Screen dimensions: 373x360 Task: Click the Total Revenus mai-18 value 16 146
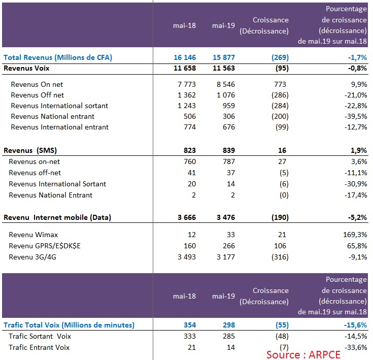[185, 57]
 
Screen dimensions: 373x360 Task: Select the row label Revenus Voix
[26, 68]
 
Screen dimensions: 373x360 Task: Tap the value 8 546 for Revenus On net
[225, 84]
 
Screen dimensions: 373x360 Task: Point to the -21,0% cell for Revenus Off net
[356, 95]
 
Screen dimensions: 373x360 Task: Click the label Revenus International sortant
[59, 106]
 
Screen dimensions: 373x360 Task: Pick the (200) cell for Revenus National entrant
[280, 116]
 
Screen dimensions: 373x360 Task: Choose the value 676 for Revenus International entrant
[228, 127]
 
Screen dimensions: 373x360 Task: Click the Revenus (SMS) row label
[30, 150]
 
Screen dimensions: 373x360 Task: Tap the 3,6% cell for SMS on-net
[359, 161]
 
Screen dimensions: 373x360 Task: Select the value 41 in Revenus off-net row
[191, 173]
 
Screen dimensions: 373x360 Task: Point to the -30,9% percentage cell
[356, 184]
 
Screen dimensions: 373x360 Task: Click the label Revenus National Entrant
[50, 195]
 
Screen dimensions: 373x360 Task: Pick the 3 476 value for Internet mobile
[225, 217]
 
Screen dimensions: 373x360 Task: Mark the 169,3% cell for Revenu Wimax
[355, 235]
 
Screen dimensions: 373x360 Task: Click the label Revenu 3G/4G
[32, 257]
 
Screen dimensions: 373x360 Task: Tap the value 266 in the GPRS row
[228, 246]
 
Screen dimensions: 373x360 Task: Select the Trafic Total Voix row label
[69, 325]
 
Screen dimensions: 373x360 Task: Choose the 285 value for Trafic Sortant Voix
[228, 336]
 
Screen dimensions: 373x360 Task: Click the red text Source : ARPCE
[303, 355]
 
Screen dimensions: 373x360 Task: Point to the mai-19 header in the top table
[223, 25]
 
